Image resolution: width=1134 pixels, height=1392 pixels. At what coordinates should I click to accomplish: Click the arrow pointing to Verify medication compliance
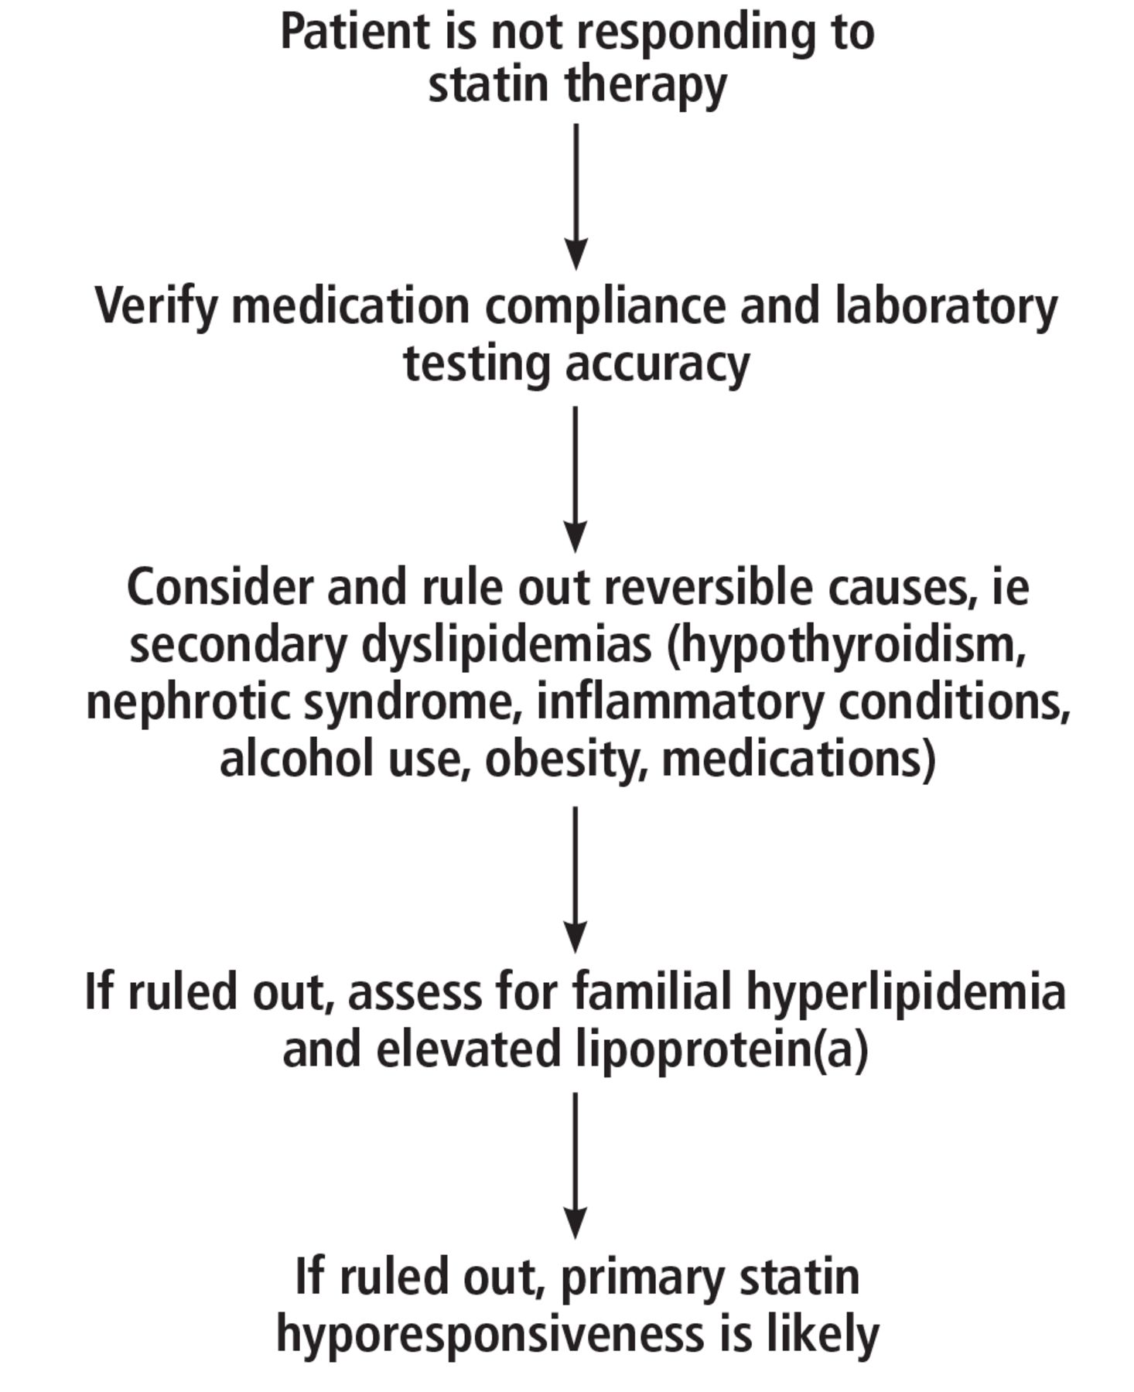[576, 196]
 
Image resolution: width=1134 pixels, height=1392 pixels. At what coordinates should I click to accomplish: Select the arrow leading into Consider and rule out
[576, 479]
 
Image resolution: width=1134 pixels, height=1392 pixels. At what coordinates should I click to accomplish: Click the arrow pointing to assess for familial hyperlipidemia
[576, 879]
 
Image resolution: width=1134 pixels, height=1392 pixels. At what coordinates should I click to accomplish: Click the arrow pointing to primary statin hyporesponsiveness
[576, 1165]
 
